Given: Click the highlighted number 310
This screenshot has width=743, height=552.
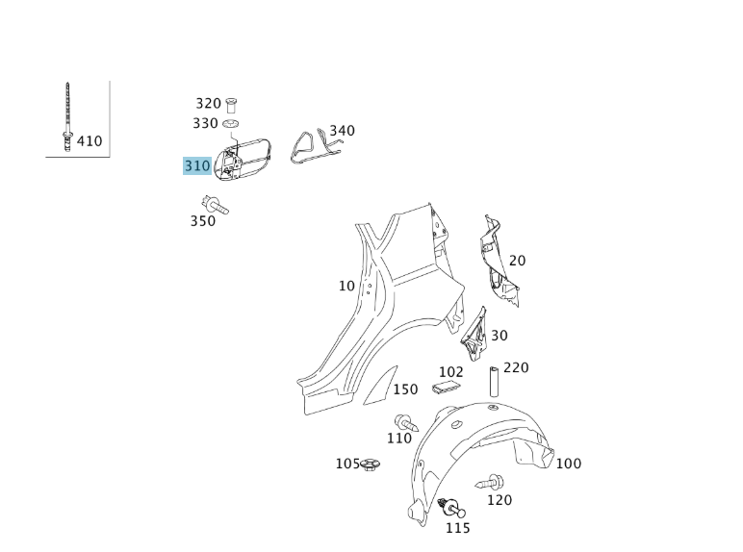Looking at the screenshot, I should [x=196, y=166].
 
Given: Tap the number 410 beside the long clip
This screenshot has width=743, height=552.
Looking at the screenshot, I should [x=90, y=141].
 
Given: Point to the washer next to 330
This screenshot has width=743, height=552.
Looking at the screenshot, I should [x=231, y=124].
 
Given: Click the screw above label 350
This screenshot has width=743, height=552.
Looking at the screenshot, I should [x=212, y=204].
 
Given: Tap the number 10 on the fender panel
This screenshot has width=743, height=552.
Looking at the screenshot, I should [x=346, y=286].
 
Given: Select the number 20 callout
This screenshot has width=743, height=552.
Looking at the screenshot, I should [x=518, y=261].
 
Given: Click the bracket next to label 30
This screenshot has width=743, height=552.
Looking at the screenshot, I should [x=474, y=332].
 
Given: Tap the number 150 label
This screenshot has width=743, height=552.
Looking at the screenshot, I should [x=405, y=389].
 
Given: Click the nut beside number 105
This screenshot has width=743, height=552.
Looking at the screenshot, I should [x=370, y=464].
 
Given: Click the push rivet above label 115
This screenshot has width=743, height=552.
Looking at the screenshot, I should [x=449, y=508].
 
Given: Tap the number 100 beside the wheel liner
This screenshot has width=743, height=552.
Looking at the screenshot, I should [x=569, y=464].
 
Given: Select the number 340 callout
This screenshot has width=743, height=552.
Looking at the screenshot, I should [x=342, y=131].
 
